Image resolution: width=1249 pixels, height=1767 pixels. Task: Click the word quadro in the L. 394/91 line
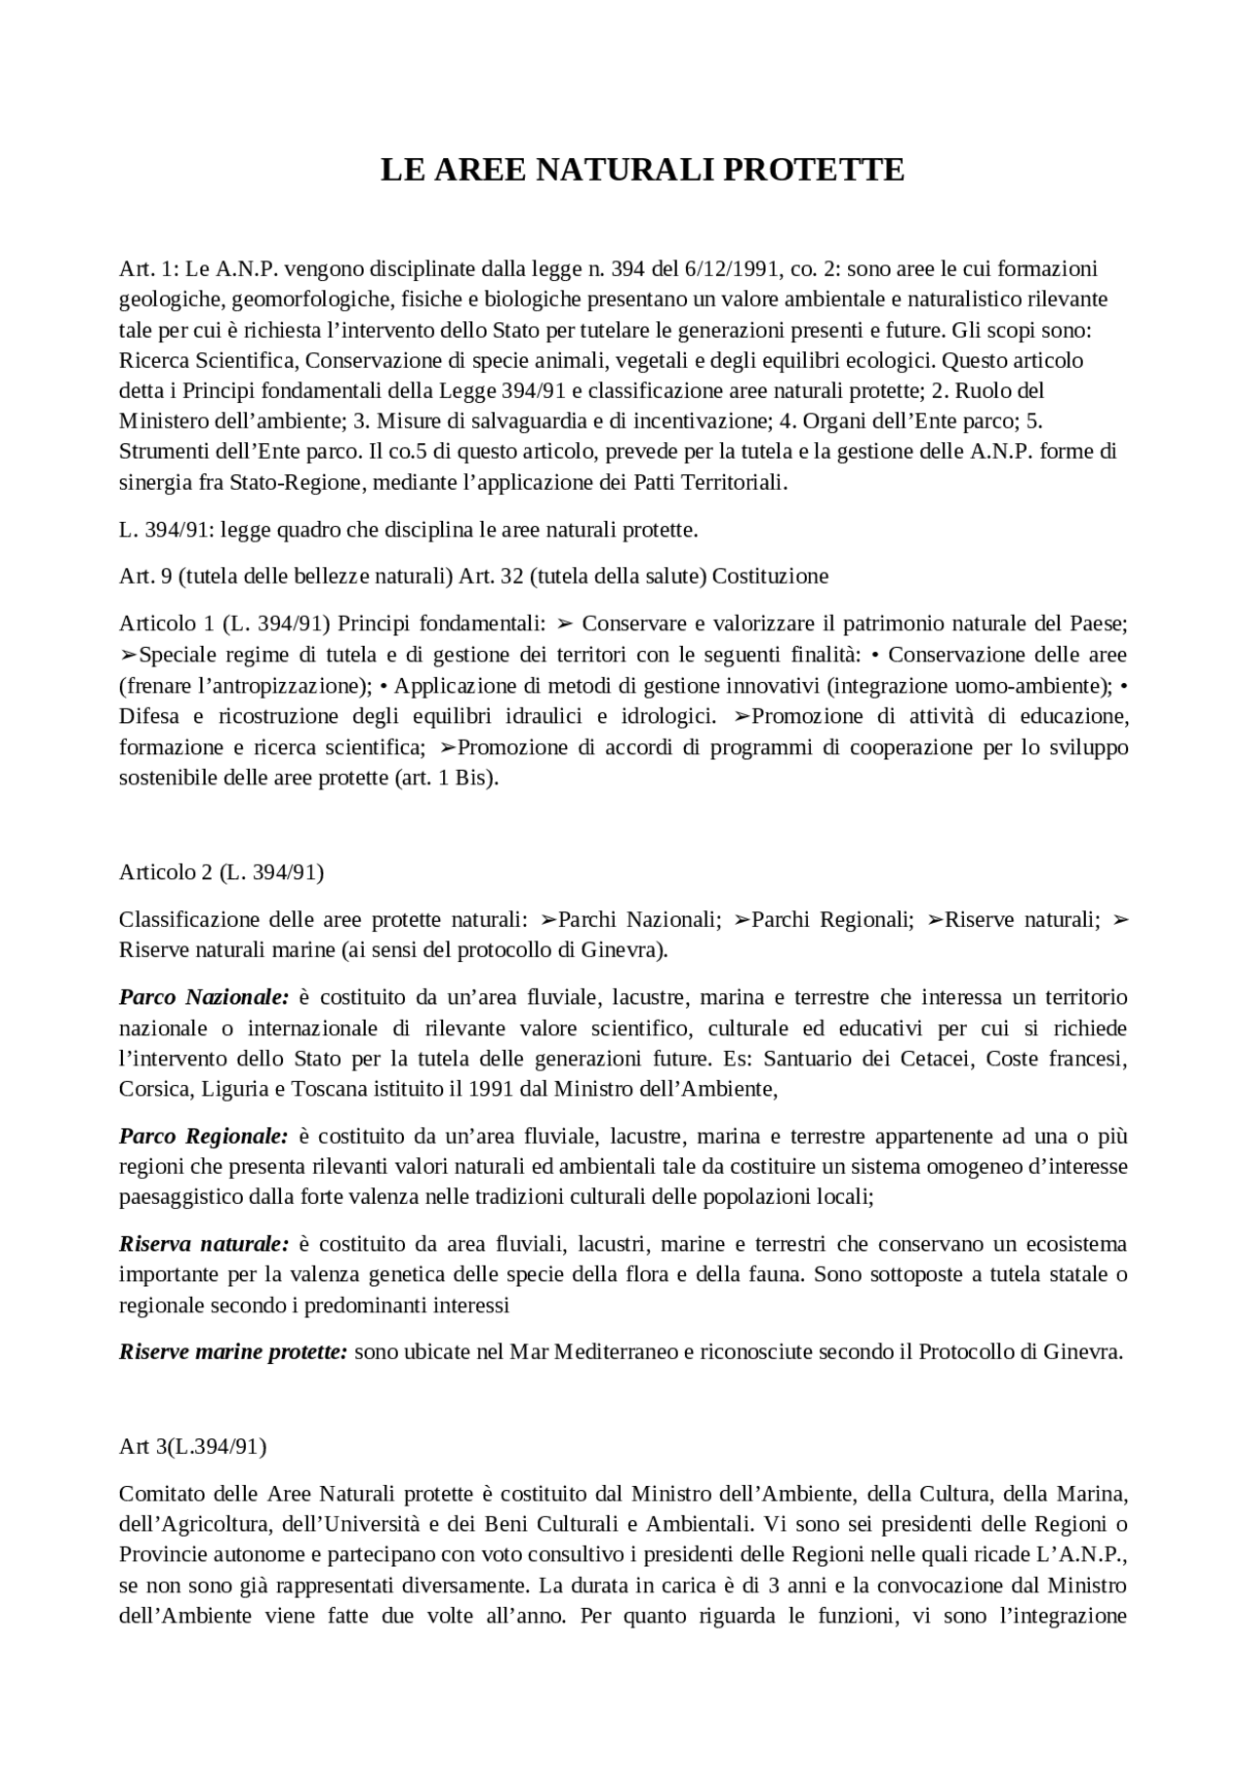302,530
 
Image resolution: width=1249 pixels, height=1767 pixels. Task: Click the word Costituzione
770,576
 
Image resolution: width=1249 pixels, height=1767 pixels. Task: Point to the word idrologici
665,716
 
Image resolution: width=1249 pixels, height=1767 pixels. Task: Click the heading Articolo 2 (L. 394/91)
222,872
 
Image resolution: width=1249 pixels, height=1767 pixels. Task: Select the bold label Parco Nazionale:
204,997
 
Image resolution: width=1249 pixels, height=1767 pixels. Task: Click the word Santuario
812,1059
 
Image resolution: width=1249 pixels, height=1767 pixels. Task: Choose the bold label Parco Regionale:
204,1136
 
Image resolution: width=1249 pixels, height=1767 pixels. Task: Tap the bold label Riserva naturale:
204,1244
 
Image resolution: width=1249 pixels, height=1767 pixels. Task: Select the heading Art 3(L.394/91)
192,1446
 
